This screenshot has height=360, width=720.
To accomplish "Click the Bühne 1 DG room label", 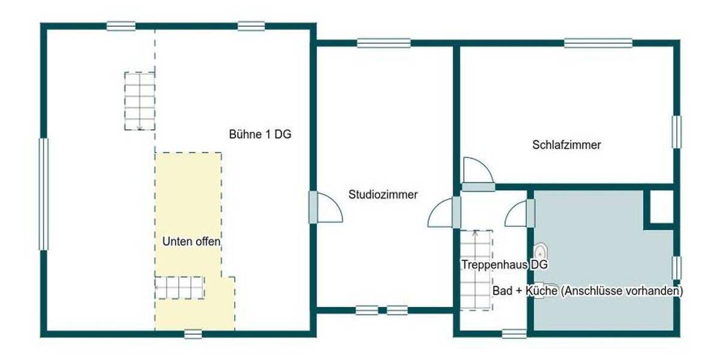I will coord(260,135).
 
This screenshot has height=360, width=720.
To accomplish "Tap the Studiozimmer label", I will coord(383,194).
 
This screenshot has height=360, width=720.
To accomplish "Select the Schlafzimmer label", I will coord(566,145).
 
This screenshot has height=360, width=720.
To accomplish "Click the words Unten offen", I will coord(191,242).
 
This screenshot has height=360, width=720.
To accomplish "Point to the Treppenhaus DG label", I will coord(504,265).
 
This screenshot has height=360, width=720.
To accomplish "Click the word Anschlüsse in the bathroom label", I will coord(591,291).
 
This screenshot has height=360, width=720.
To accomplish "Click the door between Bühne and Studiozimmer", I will coord(327,207).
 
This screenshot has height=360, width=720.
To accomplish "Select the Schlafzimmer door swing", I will coord(478,172).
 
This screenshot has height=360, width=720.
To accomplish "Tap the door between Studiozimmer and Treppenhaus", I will coord(443,212).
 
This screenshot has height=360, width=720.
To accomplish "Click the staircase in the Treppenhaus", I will coord(476,270).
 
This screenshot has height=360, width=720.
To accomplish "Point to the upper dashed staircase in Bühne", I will coord(139,101).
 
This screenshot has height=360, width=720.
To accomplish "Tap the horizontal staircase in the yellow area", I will coord(179,287).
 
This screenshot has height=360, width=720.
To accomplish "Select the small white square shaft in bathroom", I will coord(662,207).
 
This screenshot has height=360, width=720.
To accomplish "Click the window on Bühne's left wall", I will coord(43,194).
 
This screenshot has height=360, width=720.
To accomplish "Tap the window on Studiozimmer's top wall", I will coord(383,43).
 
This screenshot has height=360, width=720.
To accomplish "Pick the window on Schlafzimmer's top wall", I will coord(598,43).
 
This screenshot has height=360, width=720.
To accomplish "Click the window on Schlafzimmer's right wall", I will coord(676,131).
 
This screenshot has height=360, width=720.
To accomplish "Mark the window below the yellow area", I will coord(193,334).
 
